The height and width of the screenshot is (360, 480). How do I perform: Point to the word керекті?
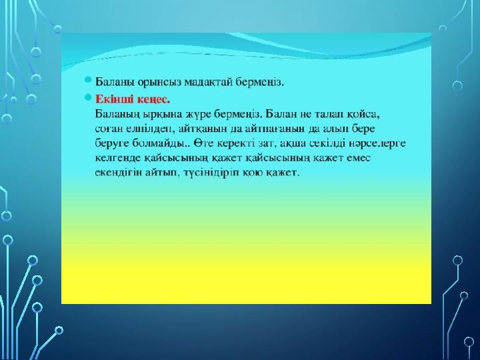239,143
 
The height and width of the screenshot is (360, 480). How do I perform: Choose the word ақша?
293,143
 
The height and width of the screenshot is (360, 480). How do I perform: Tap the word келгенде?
118,158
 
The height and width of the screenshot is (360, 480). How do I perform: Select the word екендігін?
119,173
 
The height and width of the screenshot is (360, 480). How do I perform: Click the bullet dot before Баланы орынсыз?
88,80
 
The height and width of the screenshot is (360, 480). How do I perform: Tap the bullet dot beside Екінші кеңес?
88,97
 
